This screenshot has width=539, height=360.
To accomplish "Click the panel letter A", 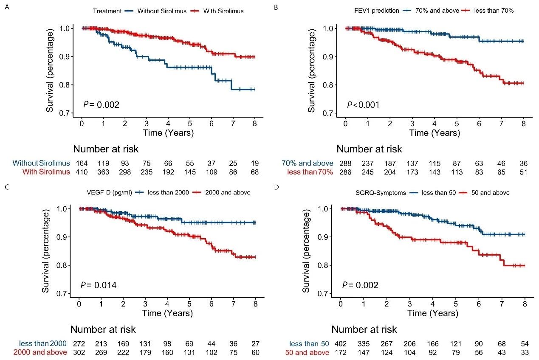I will click(6, 7).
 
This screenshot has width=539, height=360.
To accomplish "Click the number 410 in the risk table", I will click(82, 172).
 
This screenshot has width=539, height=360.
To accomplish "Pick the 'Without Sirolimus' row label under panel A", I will click(41, 163).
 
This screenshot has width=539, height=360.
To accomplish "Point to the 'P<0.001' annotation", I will click(363, 104).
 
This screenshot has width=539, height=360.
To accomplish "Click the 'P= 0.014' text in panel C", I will click(98, 285).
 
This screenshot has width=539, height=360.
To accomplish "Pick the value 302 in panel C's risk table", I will click(79, 352).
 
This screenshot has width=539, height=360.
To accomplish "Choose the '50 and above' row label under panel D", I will click(308, 352).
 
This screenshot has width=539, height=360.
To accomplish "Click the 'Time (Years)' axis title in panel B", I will click(435, 133).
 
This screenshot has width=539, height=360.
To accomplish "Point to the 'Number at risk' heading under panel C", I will click(103, 329).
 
